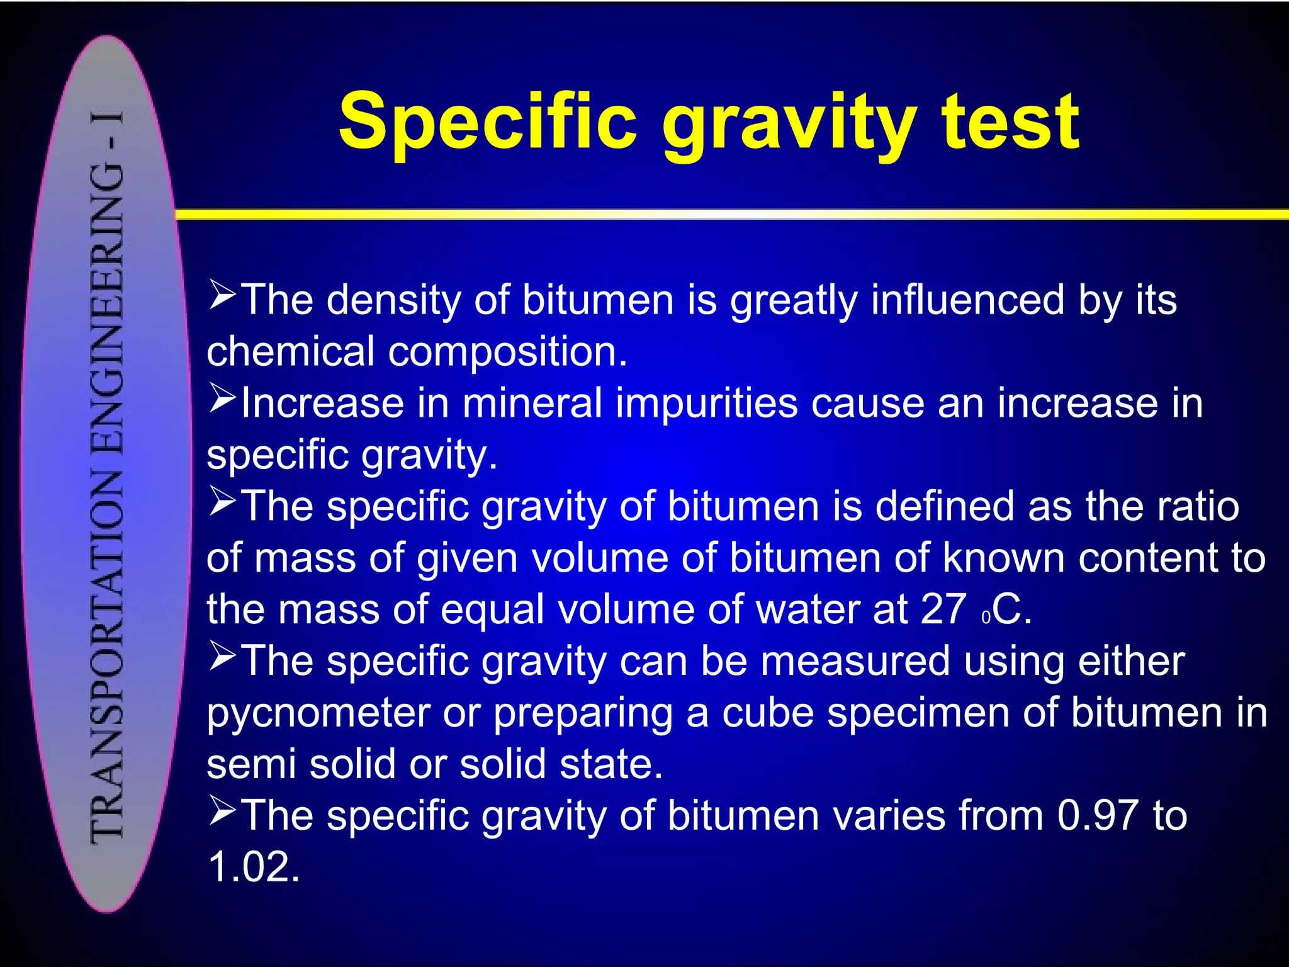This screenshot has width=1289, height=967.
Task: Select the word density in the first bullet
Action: pyautogui.click(x=394, y=300)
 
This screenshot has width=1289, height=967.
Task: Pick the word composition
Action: pyautogui.click(x=507, y=353)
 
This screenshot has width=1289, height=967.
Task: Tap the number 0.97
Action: pyautogui.click(x=1098, y=816)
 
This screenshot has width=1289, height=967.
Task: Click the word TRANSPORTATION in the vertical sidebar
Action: pyautogui.click(x=107, y=655)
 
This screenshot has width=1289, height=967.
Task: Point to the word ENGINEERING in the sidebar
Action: pyautogui.click(x=107, y=308)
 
